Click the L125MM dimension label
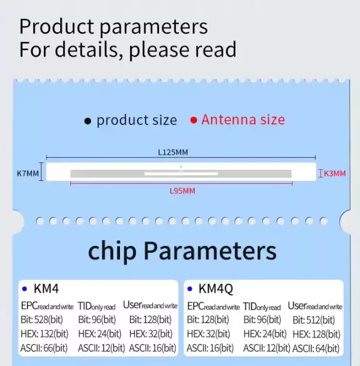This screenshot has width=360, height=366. pyautogui.click(x=173, y=152)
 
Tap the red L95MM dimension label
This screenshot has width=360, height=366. pyautogui.click(x=182, y=191)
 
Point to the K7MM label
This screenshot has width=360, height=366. pyautogui.click(x=28, y=173)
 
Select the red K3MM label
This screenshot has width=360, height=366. pyautogui.click(x=334, y=173)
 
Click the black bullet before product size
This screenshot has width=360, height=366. pyautogui.click(x=88, y=121)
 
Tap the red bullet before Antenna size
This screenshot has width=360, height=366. pyautogui.click(x=193, y=120)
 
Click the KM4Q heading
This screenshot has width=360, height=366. pyautogui.click(x=216, y=289)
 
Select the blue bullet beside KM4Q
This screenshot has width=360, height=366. pyautogui.click(x=190, y=289)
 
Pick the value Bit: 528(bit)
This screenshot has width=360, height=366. pyautogui.click(x=44, y=320)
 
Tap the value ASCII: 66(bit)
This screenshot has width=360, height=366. pyautogui.click(x=44, y=348)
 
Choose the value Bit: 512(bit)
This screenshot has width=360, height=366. pyautogui.click(x=313, y=320)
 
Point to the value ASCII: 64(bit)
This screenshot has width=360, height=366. pyautogui.click(x=316, y=348)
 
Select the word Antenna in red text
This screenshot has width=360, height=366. pyautogui.click(x=228, y=120)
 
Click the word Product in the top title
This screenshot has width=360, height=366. pyautogui.click(x=58, y=26)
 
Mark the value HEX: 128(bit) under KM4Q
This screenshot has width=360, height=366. pyautogui.click(x=316, y=334)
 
